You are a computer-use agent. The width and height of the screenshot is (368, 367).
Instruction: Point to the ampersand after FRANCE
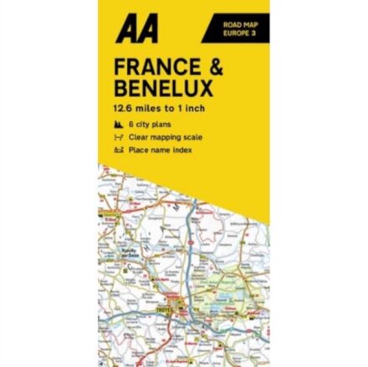tap(216, 67)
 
